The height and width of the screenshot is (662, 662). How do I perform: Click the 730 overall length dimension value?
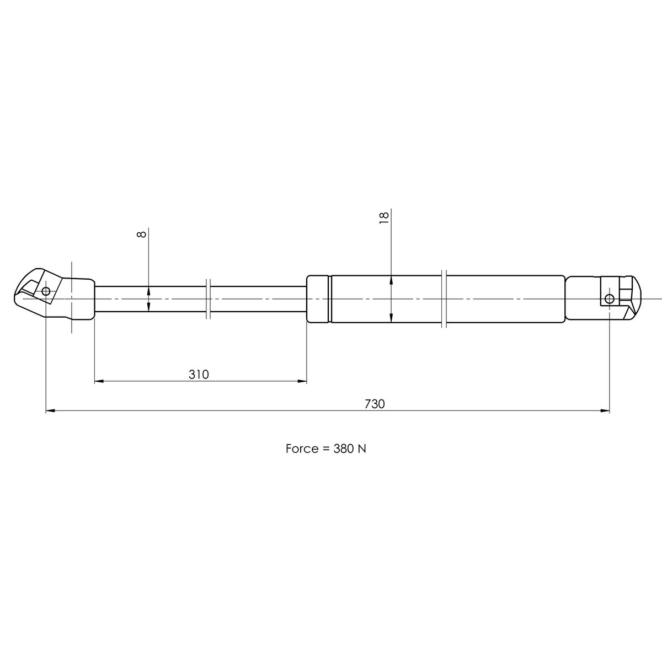374,404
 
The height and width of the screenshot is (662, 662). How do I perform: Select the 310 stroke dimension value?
199,375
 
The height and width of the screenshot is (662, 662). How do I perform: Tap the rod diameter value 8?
142,234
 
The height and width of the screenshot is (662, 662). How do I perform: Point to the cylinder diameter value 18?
385,216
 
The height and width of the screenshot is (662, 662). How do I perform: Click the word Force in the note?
301,449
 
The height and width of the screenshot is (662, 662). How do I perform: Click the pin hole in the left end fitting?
46,291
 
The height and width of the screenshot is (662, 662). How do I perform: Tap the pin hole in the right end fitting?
609,299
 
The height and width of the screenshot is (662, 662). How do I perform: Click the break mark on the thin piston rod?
207,298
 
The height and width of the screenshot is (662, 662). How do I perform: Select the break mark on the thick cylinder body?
444,298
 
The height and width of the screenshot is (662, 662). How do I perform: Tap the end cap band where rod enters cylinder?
318,298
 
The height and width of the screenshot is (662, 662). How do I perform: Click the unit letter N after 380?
362,449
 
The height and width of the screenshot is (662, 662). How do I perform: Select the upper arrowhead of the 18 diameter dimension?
391,280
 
